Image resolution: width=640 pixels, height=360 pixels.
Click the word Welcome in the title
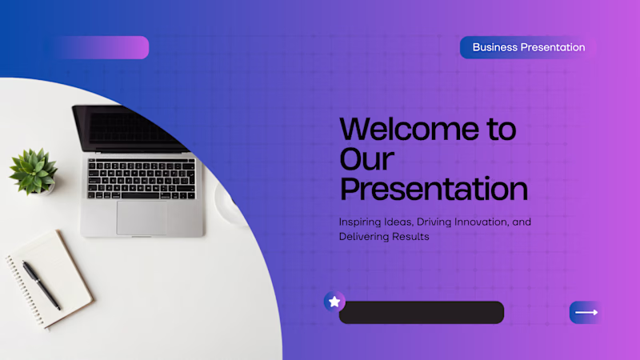tap(409, 129)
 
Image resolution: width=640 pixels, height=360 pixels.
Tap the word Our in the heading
tap(366, 158)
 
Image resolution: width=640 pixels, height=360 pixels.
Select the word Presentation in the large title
tap(434, 189)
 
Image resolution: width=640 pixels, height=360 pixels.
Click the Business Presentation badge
tap(528, 47)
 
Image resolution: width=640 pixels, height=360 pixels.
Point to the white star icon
tap(334, 302)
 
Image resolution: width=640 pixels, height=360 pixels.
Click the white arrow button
tap(586, 313)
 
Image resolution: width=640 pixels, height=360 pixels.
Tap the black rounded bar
tap(422, 313)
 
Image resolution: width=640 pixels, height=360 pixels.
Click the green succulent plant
tap(34, 170)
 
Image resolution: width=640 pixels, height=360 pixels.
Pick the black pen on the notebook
tap(42, 286)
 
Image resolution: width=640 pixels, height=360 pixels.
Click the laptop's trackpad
tap(142, 218)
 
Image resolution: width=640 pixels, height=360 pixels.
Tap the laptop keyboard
tap(142, 178)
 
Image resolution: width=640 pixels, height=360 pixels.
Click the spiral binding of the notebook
tap(25, 290)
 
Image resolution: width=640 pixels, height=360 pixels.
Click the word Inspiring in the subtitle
tap(360, 223)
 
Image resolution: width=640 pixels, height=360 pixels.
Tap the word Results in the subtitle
tap(410, 237)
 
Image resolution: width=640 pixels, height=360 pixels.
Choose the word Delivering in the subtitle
tap(364, 237)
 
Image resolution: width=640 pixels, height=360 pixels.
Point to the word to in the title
tap(502, 129)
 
